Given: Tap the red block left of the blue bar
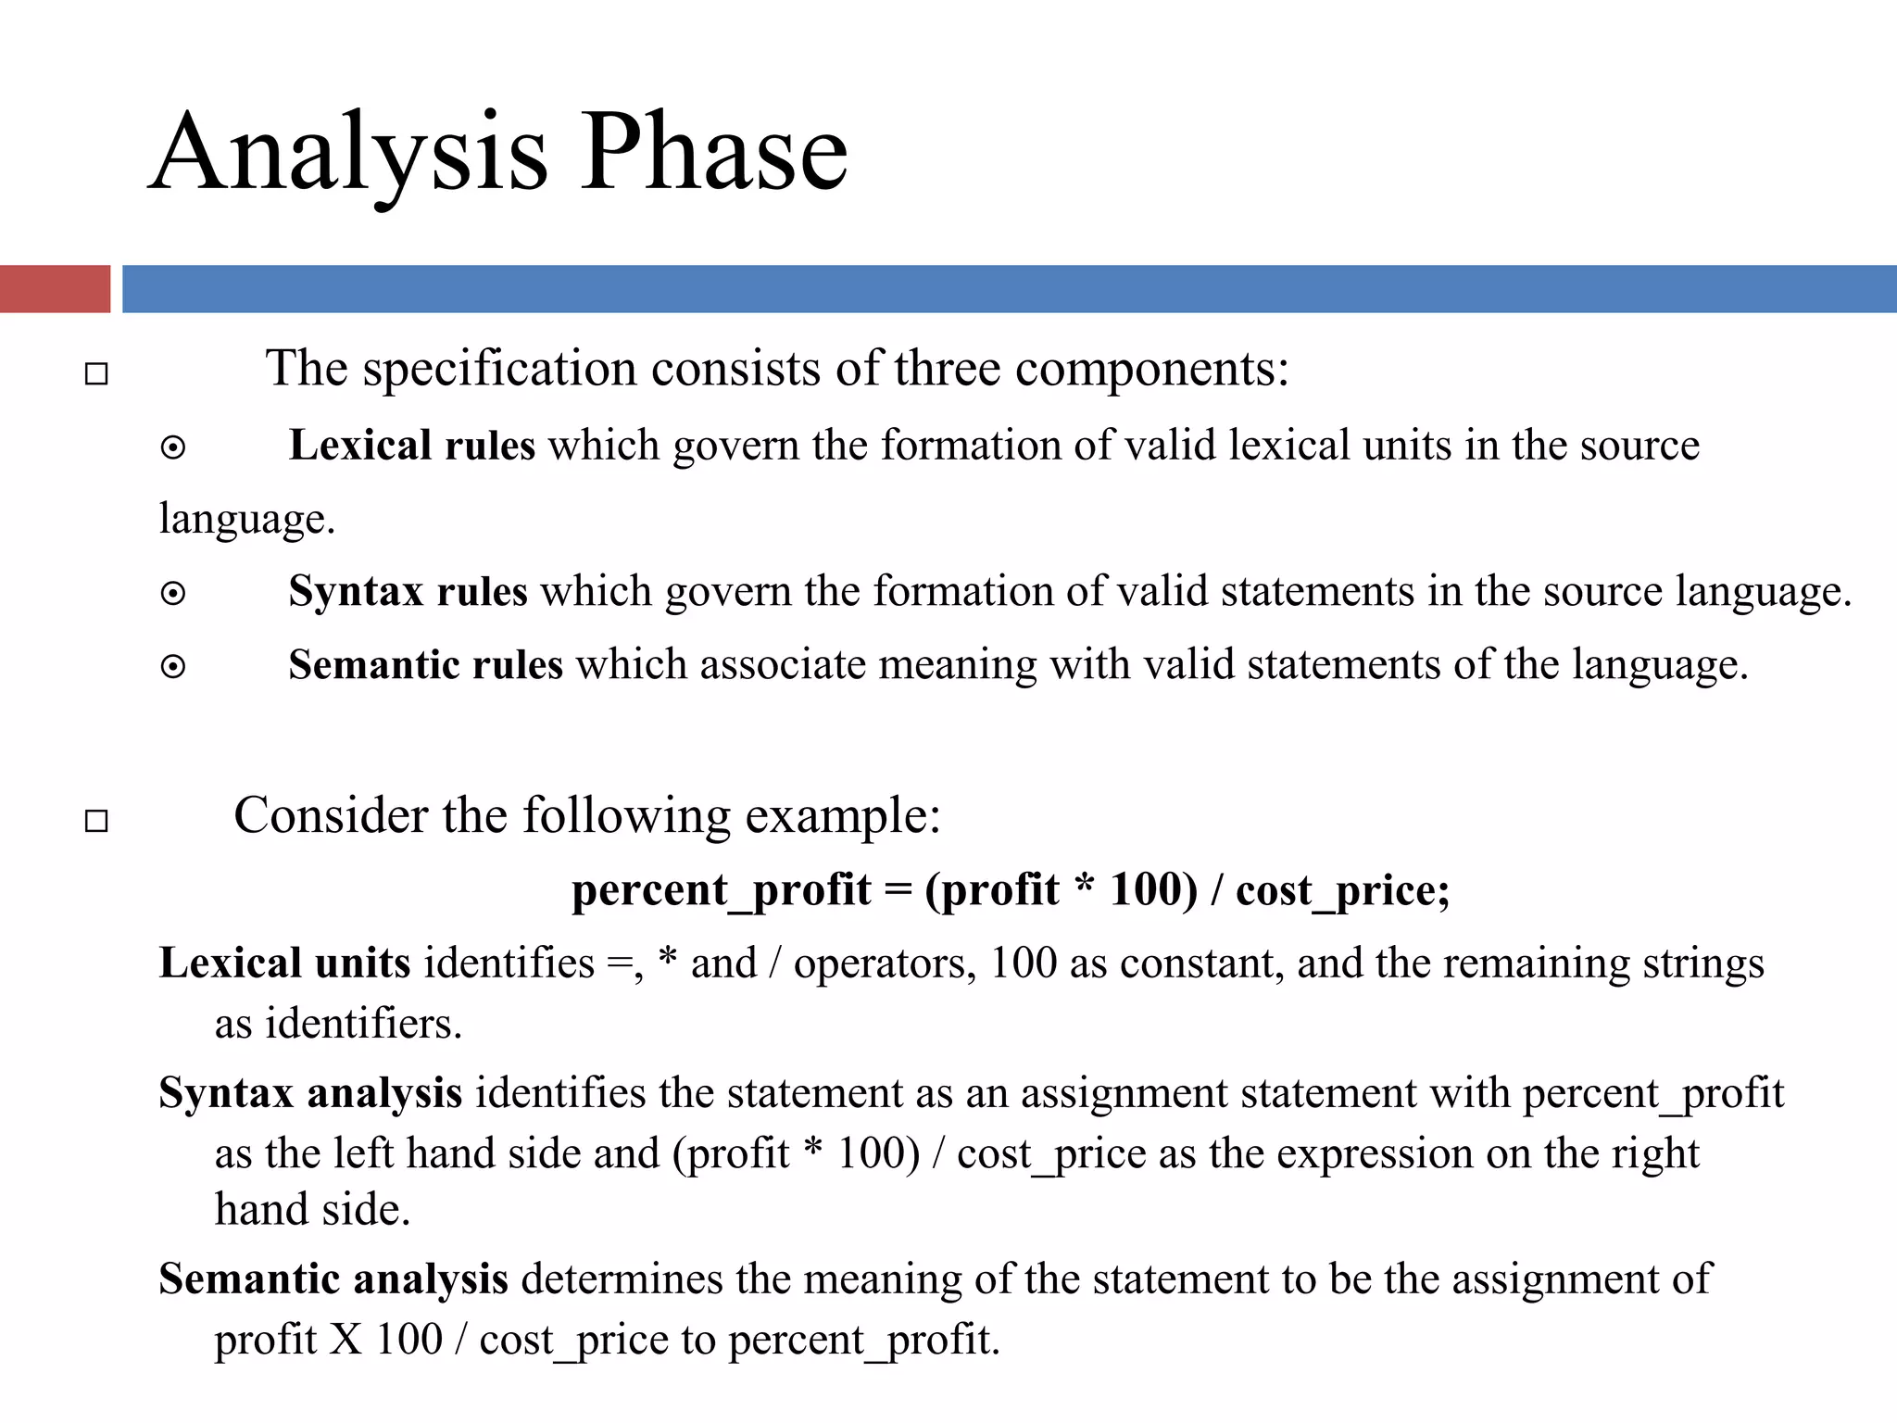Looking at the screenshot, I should [x=55, y=289].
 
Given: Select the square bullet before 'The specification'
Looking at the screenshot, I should [x=96, y=374].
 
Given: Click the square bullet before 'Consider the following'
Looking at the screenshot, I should [x=96, y=821].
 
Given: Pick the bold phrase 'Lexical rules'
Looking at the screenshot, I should [x=411, y=446].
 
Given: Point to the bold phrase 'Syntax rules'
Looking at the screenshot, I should [x=408, y=591].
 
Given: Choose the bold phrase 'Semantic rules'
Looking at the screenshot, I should [x=425, y=665].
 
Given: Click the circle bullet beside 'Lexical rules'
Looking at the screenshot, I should [x=173, y=449].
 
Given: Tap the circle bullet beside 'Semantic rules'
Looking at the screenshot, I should [x=173, y=667].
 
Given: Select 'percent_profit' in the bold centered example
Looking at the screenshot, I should [x=721, y=891].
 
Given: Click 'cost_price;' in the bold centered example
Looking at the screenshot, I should [x=1342, y=891].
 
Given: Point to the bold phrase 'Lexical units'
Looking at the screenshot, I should [x=284, y=963].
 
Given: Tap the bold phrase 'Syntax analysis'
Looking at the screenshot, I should [x=310, y=1093].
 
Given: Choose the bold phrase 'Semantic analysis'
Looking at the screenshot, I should [x=333, y=1279].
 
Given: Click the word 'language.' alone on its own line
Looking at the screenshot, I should [x=246, y=519].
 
